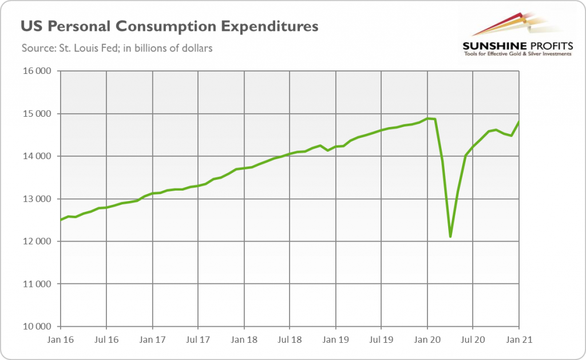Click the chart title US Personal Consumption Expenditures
coord(170,26)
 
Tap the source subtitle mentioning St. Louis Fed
coord(117,48)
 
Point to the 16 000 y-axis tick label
coord(35,71)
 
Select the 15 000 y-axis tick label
coord(35,114)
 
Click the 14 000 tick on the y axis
coord(35,156)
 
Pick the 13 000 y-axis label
coord(35,199)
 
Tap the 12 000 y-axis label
coord(35,242)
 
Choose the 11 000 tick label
coord(35,284)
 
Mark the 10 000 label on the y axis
coord(35,327)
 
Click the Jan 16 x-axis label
coord(61,340)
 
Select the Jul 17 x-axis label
coord(197,340)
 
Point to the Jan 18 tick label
coord(244,340)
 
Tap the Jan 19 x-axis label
coord(335,340)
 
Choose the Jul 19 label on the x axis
coord(381,340)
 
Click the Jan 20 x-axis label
coord(427,340)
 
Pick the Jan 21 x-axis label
coord(518,340)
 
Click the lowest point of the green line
coord(450,236)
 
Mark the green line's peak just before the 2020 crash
coord(427,118)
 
